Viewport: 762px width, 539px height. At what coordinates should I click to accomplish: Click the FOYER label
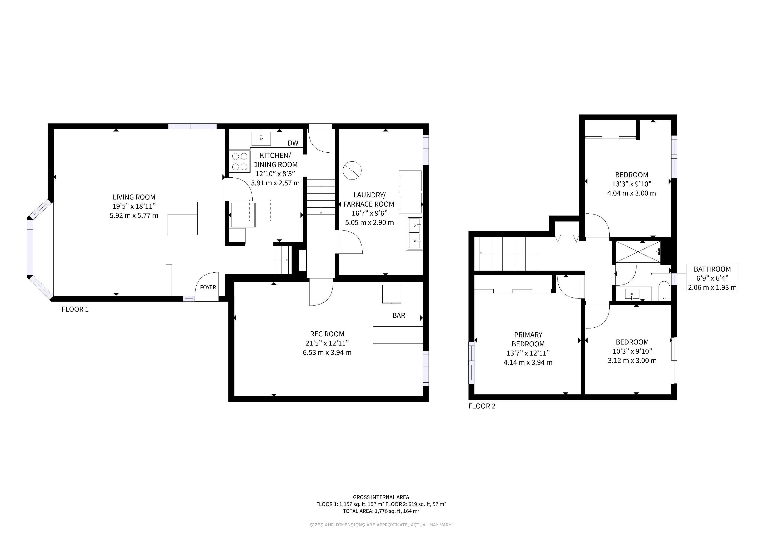click(x=208, y=287)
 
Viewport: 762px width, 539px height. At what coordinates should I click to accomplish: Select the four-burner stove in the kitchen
click(x=240, y=162)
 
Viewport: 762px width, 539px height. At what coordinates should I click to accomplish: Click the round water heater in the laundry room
click(x=352, y=170)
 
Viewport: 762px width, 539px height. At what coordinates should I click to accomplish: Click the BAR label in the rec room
click(x=399, y=315)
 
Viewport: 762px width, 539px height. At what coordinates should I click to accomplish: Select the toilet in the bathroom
click(x=664, y=291)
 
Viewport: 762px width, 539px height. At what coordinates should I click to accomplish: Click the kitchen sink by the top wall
click(x=261, y=138)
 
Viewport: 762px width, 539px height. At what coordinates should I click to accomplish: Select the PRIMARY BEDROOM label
click(x=528, y=339)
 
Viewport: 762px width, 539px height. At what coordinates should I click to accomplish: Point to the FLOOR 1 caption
click(x=75, y=309)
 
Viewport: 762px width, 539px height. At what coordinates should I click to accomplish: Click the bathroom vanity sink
click(x=632, y=294)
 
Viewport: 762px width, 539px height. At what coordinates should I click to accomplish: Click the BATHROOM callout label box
click(x=712, y=278)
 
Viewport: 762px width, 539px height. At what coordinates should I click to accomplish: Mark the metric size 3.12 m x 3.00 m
click(x=632, y=361)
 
